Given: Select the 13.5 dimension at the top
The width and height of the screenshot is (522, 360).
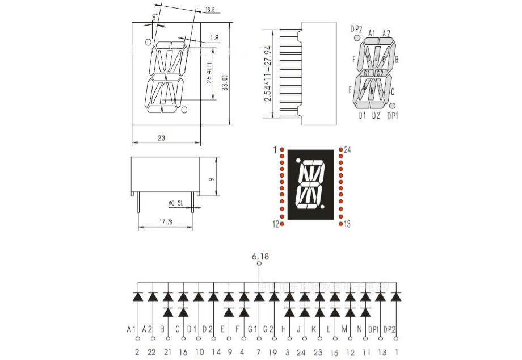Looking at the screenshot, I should point(210,10).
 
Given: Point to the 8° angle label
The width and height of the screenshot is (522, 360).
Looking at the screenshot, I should point(155,18).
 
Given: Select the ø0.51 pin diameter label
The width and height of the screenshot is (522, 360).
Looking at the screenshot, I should point(176,203).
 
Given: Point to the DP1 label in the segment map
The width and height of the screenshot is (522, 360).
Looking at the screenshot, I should point(393,116).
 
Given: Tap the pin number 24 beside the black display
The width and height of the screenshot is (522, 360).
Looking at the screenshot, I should point(348,150).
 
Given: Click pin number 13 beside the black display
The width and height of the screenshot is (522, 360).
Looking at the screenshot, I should point(347,224).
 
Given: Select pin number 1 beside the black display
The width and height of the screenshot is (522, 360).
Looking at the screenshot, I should point(275,150).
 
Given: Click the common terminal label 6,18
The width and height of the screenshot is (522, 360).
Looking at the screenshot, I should point(260,257).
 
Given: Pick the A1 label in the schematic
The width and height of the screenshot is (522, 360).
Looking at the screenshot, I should point(132,329).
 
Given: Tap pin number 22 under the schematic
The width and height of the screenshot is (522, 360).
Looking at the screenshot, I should point(151,353).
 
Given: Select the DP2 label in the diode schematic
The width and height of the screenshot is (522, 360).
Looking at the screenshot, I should point(389,329).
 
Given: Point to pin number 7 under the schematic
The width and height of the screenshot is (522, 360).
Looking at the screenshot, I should point(259,353).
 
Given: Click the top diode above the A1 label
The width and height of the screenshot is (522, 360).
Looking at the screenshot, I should point(137,296).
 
